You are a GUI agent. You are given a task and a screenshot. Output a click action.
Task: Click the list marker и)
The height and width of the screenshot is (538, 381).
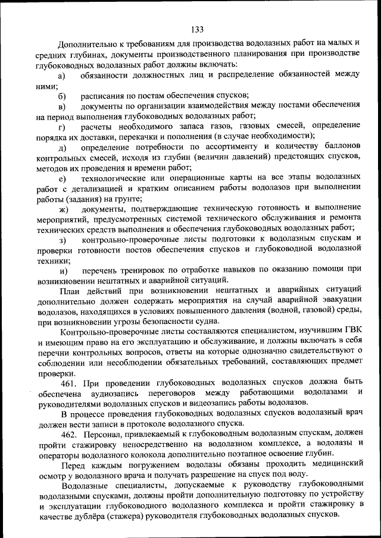point(62,270)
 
